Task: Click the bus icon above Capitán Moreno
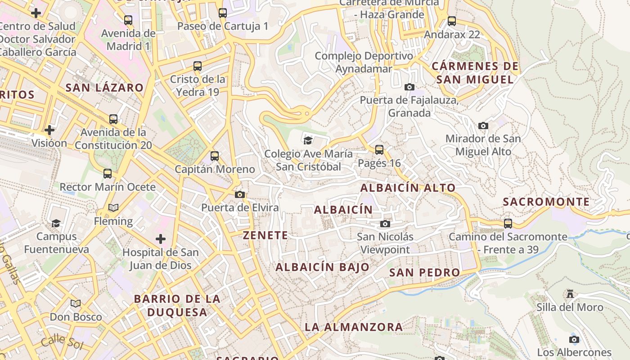[x=215, y=156]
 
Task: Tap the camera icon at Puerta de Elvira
[x=240, y=194]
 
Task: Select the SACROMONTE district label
[x=546, y=202]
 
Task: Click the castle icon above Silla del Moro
[x=570, y=294]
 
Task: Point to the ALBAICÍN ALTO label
[x=408, y=188]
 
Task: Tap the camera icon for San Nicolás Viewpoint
[x=385, y=224]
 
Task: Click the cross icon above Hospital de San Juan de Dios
[x=161, y=238]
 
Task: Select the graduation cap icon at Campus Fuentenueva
[x=56, y=223]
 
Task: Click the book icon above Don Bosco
[x=76, y=304]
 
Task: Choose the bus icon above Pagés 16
[x=379, y=149]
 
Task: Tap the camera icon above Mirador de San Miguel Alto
[x=483, y=126]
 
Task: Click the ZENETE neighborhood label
[x=265, y=235]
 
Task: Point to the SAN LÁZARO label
[x=104, y=88]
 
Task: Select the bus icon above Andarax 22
[x=452, y=21]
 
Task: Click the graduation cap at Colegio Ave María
[x=308, y=140]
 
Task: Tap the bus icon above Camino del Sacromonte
[x=508, y=223]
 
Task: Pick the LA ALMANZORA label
[x=354, y=327]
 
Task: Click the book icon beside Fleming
[x=113, y=207]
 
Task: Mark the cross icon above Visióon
[x=49, y=130]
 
